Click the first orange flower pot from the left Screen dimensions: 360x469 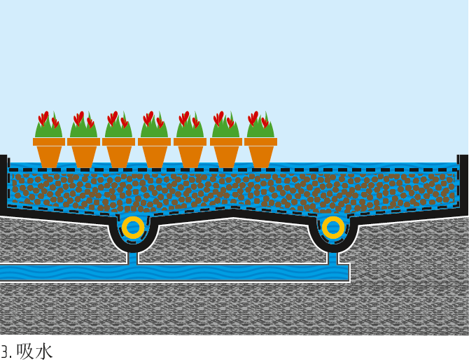(x=49, y=152)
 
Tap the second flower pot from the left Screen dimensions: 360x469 (x=84, y=152)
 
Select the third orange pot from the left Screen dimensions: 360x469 (x=119, y=152)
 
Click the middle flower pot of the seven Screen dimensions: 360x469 (x=155, y=152)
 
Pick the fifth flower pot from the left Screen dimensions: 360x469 (x=190, y=152)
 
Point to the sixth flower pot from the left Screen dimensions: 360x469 (x=226, y=152)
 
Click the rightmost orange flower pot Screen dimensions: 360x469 (x=261, y=152)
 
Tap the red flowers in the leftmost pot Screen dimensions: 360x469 (x=44, y=118)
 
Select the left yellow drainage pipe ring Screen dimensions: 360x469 (x=133, y=228)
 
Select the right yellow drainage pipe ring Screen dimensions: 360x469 (x=333, y=228)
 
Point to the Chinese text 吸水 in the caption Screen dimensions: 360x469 (x=34, y=351)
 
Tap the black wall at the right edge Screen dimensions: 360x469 (x=463, y=182)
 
